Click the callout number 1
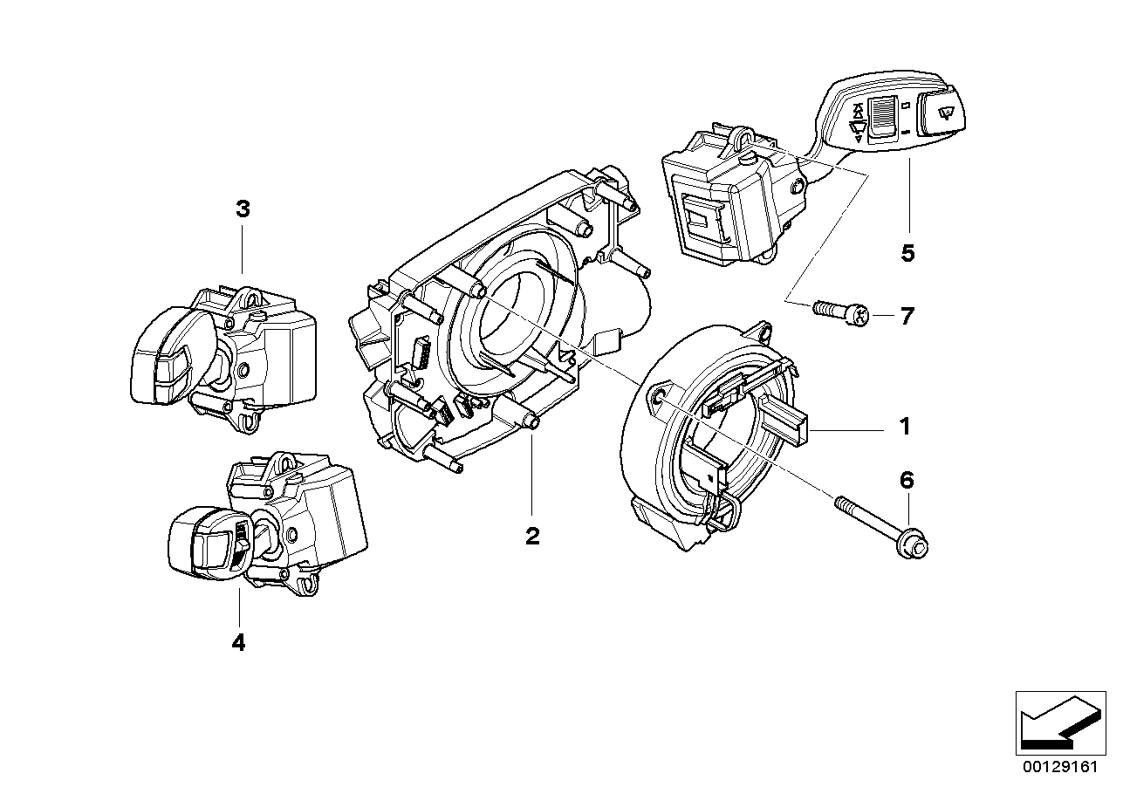905,427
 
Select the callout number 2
532,536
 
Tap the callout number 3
243,209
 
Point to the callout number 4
238,643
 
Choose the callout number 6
907,480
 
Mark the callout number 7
907,316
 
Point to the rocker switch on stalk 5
884,118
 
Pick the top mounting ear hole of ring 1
762,332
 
